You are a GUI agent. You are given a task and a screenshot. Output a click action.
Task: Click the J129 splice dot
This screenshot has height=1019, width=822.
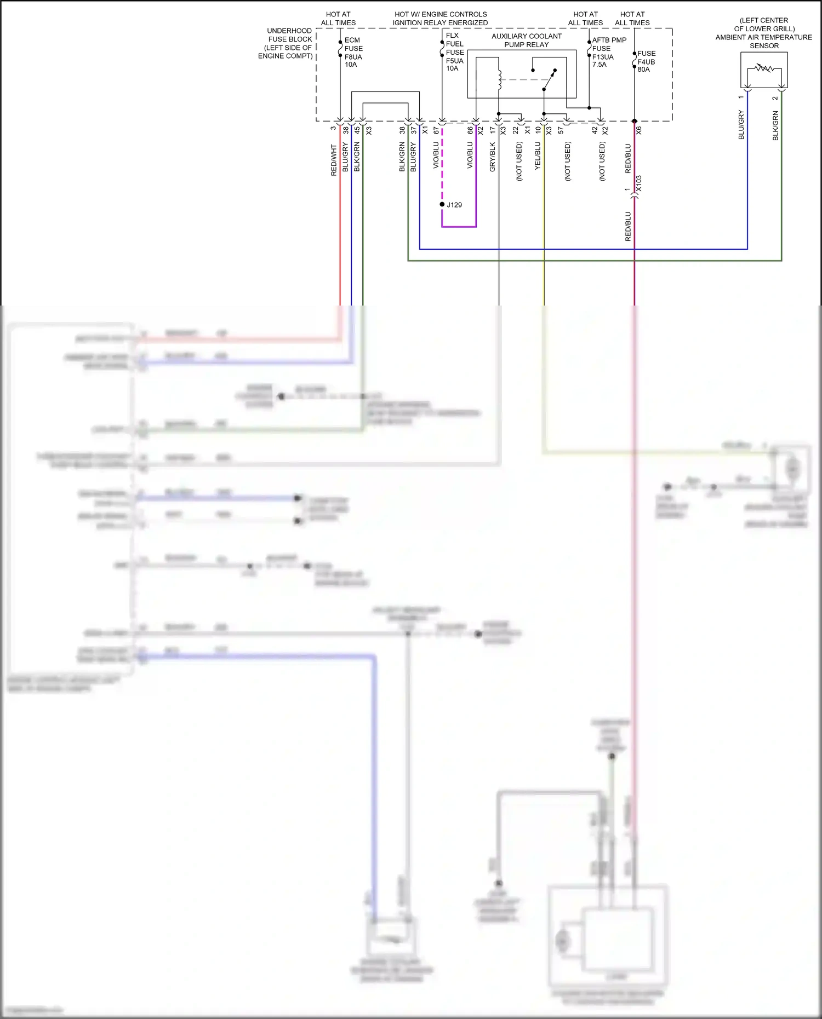coord(442,204)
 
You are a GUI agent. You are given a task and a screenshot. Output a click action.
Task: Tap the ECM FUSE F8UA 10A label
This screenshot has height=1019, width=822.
coord(352,53)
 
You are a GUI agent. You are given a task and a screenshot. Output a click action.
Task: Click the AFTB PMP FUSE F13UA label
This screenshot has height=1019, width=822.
coord(608,53)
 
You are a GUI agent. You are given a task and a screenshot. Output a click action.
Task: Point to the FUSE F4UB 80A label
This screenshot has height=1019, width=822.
coord(646,61)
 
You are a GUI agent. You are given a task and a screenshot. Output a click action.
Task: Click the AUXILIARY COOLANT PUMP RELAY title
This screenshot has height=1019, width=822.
coord(526,41)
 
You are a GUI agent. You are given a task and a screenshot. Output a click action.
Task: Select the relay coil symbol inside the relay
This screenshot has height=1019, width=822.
coord(499,79)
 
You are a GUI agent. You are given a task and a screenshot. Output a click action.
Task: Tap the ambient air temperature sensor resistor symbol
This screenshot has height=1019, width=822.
coord(764,69)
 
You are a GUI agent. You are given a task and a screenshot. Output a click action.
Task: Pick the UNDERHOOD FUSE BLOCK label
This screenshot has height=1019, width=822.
coord(286,43)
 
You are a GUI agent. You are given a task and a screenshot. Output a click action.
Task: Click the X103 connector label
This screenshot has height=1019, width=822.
coord(638,184)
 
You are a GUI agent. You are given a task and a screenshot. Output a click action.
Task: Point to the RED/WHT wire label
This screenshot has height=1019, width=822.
coord(334,160)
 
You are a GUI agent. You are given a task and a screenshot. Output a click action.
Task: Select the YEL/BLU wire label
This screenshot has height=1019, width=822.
coord(538,156)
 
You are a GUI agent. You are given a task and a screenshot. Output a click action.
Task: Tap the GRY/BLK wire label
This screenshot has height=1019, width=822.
coord(492,157)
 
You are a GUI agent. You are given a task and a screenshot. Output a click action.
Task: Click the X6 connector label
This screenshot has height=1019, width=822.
coord(638,130)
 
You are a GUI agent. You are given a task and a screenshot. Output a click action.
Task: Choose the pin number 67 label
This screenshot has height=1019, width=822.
coord(436,130)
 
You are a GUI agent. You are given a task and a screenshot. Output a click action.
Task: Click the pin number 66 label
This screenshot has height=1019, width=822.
coord(470,130)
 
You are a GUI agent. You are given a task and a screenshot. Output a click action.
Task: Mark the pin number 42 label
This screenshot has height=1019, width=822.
coord(595,130)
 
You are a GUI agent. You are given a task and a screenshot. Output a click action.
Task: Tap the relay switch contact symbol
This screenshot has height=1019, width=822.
coord(549,80)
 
